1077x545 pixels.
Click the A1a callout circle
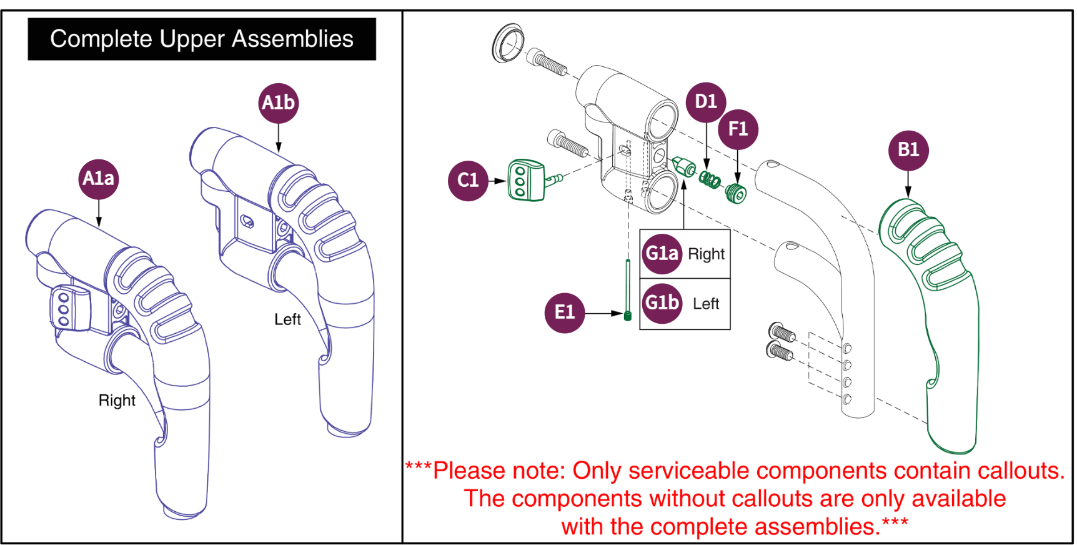pyautogui.click(x=99, y=179)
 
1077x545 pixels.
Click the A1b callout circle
pyautogui.click(x=279, y=103)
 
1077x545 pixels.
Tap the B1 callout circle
pyautogui.click(x=908, y=150)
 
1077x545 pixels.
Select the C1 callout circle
pyautogui.click(x=468, y=181)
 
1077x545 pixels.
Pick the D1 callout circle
pyautogui.click(x=706, y=102)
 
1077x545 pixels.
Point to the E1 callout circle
pyautogui.click(x=565, y=312)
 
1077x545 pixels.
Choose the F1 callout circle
pyautogui.click(x=738, y=129)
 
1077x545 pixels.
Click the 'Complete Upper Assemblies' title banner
pyautogui.click(x=202, y=39)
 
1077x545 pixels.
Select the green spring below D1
pyautogui.click(x=710, y=180)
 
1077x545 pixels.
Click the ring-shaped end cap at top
pyautogui.click(x=508, y=43)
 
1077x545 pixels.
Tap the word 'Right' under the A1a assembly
pyautogui.click(x=117, y=401)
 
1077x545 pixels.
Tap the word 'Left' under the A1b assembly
pyautogui.click(x=287, y=319)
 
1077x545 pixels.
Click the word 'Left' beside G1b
pyautogui.click(x=706, y=304)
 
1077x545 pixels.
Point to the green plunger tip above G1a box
pyautogui.click(x=683, y=167)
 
